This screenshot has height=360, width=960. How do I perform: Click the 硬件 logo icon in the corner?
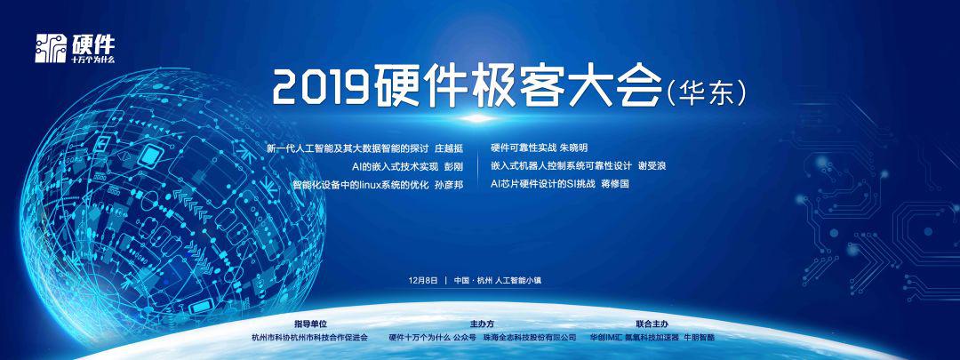pyautogui.click(x=50, y=48)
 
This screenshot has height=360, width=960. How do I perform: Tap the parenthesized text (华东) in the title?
pyautogui.click(x=706, y=93)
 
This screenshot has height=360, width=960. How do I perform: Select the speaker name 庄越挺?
pyautogui.click(x=448, y=148)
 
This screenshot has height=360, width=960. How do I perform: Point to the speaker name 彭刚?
pyautogui.click(x=453, y=166)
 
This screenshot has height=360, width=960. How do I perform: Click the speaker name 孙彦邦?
pyautogui.click(x=448, y=184)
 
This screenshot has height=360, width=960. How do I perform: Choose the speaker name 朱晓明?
pyautogui.click(x=573, y=148)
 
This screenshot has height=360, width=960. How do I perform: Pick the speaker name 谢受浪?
pyautogui.click(x=652, y=166)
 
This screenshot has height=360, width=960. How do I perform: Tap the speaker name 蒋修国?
pyautogui.click(x=615, y=184)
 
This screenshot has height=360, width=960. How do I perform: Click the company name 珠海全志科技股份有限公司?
pyautogui.click(x=530, y=338)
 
